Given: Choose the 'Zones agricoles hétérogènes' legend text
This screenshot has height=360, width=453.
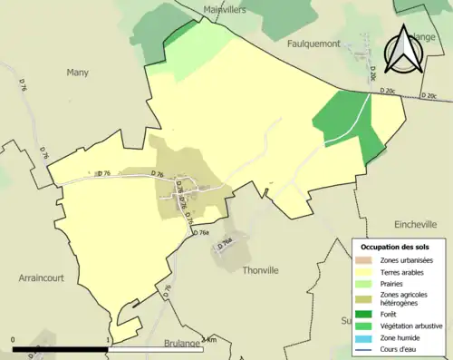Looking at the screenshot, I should [406, 299].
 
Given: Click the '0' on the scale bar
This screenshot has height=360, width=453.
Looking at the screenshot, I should [14, 340].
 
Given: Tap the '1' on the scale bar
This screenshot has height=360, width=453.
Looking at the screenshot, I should [110, 340].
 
